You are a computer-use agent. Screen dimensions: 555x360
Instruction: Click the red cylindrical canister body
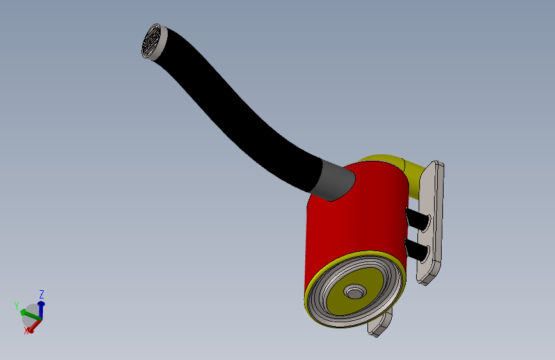click(x=354, y=220)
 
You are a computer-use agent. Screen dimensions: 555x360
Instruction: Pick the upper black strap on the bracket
click(x=417, y=219)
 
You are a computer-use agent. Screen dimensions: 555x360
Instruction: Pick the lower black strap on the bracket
click(x=417, y=249)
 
